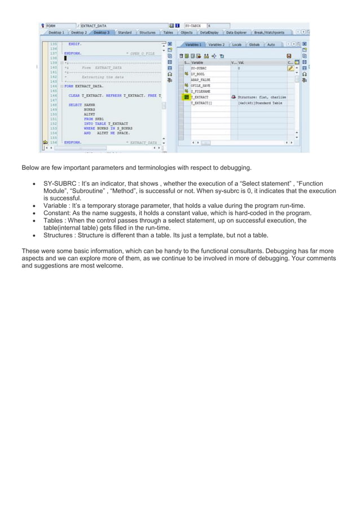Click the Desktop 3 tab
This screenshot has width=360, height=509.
tap(102, 33)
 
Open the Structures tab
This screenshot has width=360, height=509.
tap(147, 33)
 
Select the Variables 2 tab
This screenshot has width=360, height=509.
tap(216, 44)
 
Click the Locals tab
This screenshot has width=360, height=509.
tap(237, 44)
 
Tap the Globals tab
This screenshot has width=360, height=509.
tap(254, 44)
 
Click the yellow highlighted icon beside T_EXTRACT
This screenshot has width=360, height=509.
tap(186, 97)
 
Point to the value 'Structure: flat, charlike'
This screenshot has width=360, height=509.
tap(262, 97)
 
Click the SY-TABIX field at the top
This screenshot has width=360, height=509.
tap(195, 25)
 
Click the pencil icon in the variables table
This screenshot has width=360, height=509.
tap(291, 68)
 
